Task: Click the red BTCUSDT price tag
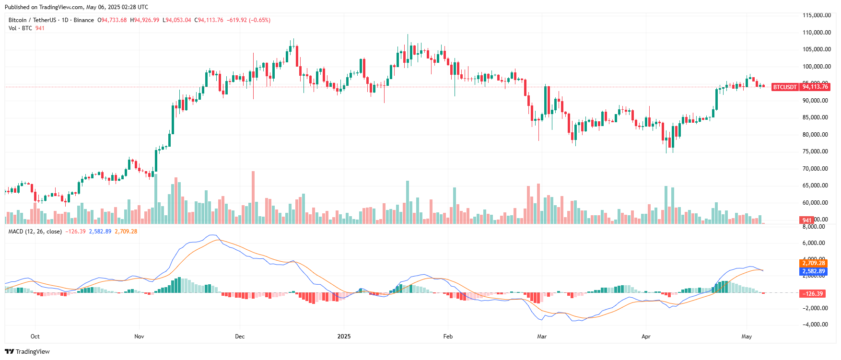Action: [x=784, y=87]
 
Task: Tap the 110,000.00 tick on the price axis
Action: [x=817, y=33]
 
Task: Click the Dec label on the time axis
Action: [x=240, y=337]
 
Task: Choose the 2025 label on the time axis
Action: [x=344, y=337]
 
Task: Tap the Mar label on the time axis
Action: [x=542, y=337]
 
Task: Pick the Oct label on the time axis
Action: [x=35, y=337]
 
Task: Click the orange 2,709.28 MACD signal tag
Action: [x=814, y=263]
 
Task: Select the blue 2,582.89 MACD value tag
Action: [x=814, y=271]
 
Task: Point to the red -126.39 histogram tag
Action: [x=812, y=294]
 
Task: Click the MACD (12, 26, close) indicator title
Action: [x=35, y=232]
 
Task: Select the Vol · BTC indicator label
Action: [x=20, y=28]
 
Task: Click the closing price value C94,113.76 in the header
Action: [x=209, y=20]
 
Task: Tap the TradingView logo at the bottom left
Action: [x=27, y=351]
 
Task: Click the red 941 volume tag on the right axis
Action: [x=807, y=221]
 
